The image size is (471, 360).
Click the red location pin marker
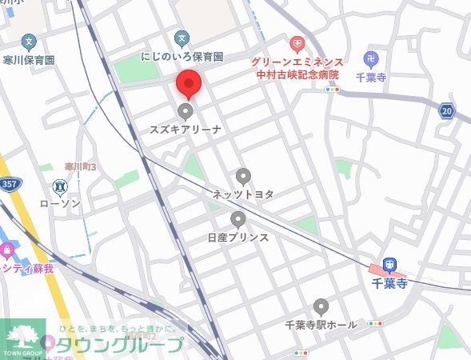pos(187,84)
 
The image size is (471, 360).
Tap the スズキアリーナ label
pos(186,129)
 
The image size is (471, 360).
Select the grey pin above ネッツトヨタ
pos(243,177)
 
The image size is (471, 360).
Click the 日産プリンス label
pos(237,238)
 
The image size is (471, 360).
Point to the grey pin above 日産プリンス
pos(237,219)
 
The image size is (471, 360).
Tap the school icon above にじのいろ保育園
pos(182,38)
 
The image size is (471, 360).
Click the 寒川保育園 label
pos(28,60)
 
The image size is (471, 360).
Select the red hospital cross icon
pos(297,43)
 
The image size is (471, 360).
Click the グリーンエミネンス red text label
pos(297,62)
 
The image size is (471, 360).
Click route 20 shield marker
pos(447,111)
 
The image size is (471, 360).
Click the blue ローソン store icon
pos(60,187)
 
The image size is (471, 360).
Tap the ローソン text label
pos(60,204)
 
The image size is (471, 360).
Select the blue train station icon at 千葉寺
pos(389,265)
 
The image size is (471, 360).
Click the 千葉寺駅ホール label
pos(321,325)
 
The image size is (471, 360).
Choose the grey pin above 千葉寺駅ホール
pos(321,306)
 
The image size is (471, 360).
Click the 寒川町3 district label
pos(80,166)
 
